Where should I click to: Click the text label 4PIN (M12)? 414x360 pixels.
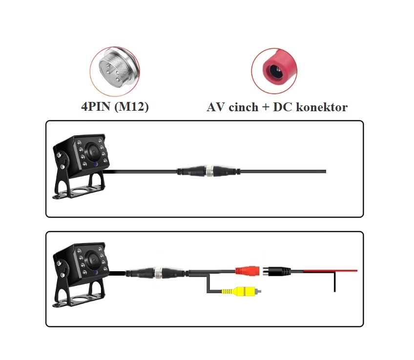click(115, 107)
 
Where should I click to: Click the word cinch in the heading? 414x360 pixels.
click(243, 107)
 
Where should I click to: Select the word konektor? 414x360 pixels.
click(322, 107)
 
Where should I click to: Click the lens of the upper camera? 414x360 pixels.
click(93, 151)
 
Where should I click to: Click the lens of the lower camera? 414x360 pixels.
click(93, 260)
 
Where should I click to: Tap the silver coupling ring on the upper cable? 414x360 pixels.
click(209, 171)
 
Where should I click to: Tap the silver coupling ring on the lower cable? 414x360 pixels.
click(158, 273)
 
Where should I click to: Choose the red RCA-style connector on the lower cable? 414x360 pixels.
click(247, 271)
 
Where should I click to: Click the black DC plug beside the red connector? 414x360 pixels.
click(277, 271)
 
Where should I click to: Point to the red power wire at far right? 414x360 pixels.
click(331, 271)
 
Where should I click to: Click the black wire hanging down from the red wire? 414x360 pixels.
click(334, 281)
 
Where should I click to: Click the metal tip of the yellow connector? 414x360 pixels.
click(259, 291)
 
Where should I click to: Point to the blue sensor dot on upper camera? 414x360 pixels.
click(95, 164)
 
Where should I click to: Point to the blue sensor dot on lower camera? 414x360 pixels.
click(95, 273)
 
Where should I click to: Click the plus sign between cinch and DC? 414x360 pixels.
click(266, 107)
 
